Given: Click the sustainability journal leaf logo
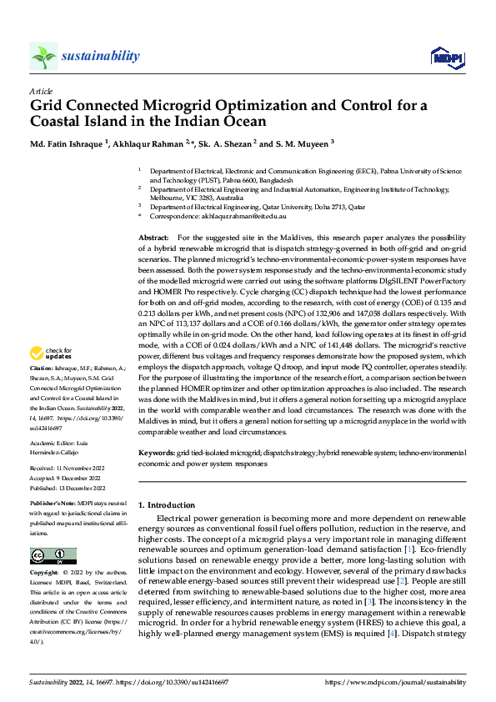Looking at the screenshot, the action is [x=43, y=56].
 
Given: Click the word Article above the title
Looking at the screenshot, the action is [x=41, y=91].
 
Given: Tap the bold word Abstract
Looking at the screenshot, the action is [x=154, y=238].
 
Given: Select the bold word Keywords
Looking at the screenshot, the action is [x=157, y=452].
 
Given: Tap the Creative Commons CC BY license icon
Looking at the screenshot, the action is [x=53, y=555].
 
